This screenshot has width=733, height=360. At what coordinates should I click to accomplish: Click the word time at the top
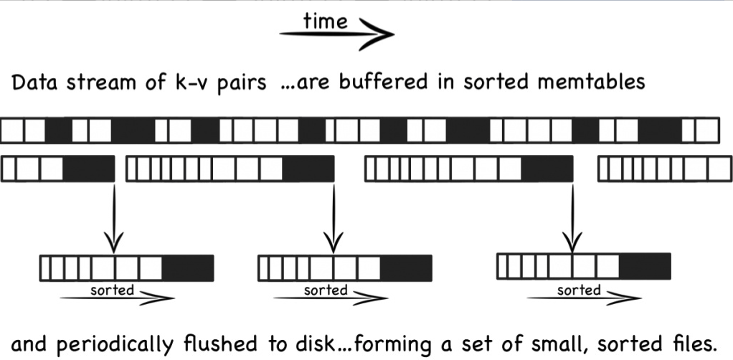325,22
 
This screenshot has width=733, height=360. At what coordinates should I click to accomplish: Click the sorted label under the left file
112,290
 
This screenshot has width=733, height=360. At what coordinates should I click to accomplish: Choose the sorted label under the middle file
326,290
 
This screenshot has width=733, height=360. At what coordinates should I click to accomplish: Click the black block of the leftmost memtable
89,169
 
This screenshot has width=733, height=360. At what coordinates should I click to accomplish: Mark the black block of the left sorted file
188,268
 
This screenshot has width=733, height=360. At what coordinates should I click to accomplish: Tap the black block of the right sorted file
644,266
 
